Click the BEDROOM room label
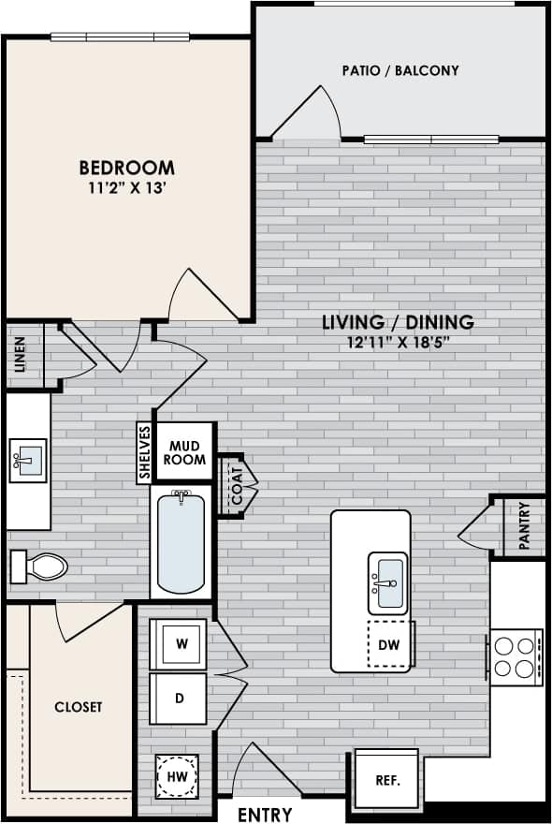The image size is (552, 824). [126, 168]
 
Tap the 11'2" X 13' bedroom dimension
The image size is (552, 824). [126, 187]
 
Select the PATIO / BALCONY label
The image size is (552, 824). [400, 70]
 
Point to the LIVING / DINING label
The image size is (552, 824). [398, 322]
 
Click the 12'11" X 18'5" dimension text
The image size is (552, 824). [398, 342]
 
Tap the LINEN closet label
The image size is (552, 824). [21, 354]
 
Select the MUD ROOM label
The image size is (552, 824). [184, 452]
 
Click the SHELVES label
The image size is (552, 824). [145, 452]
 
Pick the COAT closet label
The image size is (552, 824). [237, 485]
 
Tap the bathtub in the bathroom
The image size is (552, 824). [182, 544]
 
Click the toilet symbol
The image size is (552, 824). [38, 566]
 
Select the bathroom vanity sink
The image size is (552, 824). [28, 460]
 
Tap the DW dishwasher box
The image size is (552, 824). [389, 644]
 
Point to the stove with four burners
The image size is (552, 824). [514, 655]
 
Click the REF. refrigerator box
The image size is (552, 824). [385, 778]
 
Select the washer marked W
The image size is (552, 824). [180, 644]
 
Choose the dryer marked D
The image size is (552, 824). [180, 699]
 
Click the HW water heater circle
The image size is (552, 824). [177, 775]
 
